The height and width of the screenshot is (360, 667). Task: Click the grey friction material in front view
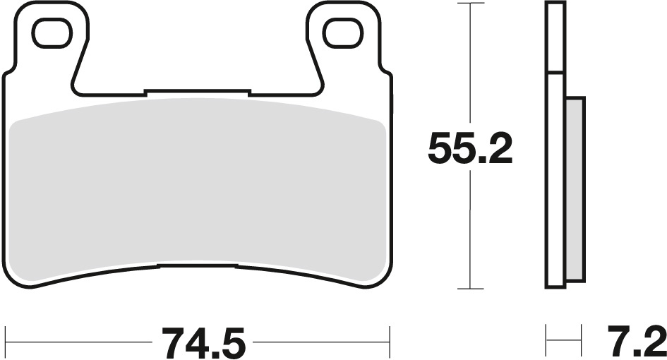point(198,184)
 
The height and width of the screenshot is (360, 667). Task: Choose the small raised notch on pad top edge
point(197,91)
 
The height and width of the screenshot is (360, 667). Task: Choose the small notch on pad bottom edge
point(198,266)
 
